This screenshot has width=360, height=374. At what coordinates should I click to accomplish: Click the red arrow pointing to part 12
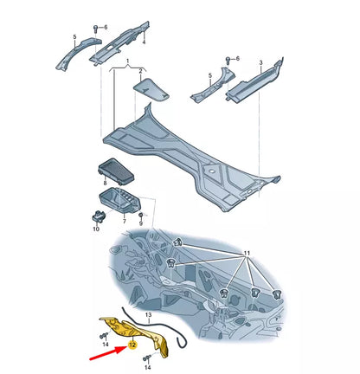[x=108, y=353]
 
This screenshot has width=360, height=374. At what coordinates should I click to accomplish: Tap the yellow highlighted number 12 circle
[x=132, y=345]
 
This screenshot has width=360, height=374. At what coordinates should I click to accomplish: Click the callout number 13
[x=148, y=314]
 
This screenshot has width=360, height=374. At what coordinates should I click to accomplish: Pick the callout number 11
[x=247, y=254]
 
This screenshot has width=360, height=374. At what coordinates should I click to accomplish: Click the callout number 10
[x=96, y=229]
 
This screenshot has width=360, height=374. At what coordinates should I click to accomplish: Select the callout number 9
[x=141, y=223]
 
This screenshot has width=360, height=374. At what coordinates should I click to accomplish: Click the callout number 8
[x=105, y=183]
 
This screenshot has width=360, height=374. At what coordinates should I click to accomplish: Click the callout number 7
[x=125, y=221]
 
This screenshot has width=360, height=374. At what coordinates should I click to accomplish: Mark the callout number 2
[x=141, y=71]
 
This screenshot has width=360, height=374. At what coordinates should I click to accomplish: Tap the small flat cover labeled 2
[x=151, y=89]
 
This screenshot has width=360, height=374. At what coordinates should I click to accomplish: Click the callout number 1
[x=127, y=61]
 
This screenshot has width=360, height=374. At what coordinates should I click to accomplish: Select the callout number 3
[x=260, y=62]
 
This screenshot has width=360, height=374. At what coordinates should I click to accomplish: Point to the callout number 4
[x=144, y=42]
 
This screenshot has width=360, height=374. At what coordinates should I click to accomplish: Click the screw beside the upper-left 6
[x=96, y=29]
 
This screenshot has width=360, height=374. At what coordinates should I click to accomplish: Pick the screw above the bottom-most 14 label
[x=147, y=358]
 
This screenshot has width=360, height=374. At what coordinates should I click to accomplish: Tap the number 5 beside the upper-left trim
[x=74, y=37]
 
